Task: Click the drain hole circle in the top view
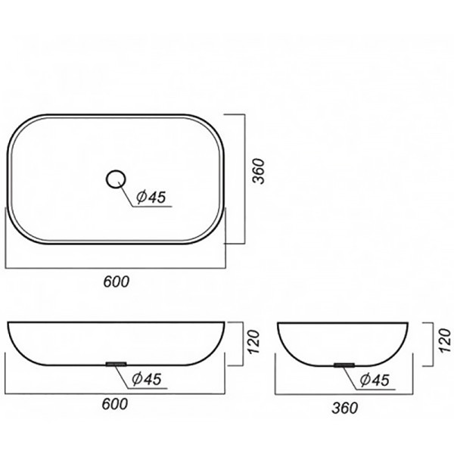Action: pyautogui.click(x=116, y=171)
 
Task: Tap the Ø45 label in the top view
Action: pyautogui.click(x=151, y=197)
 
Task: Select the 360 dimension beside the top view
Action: pyautogui.click(x=259, y=171)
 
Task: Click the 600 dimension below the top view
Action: pyautogui.click(x=117, y=281)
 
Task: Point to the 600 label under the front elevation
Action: pyautogui.click(x=115, y=404)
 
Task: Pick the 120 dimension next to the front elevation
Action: pyautogui.click(x=253, y=342)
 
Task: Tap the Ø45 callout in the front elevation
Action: pyautogui.click(x=147, y=379)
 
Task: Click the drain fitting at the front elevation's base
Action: pyautogui.click(x=116, y=364)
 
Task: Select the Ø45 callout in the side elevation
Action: pyautogui.click(x=375, y=380)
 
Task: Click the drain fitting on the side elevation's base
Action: pyautogui.click(x=344, y=365)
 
